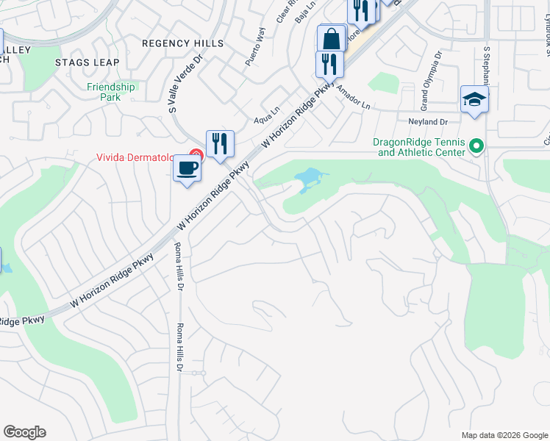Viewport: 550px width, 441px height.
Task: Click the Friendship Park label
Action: [x=112, y=92]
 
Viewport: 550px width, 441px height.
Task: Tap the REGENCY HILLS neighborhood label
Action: [x=182, y=43]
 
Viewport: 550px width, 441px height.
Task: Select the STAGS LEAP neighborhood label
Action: [x=93, y=62]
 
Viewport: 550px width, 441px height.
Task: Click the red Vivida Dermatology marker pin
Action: [x=196, y=155]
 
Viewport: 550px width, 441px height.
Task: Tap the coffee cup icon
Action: [x=187, y=167]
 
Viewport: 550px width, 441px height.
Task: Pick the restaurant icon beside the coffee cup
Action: [x=220, y=143]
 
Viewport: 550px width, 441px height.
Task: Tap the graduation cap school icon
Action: [x=474, y=99]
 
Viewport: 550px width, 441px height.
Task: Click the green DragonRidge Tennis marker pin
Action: [x=476, y=147]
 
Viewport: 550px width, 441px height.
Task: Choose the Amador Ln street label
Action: [x=354, y=97]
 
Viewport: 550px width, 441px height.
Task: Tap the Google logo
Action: [x=24, y=432]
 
